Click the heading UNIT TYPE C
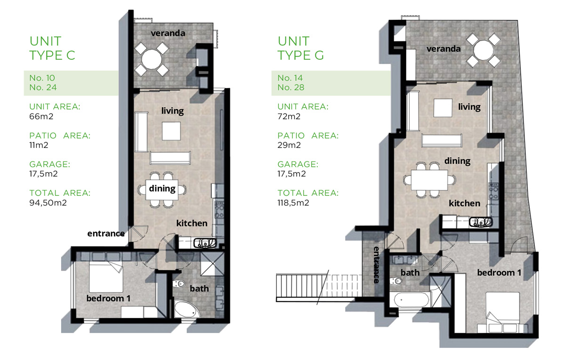tap(52, 48)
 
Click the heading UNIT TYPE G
tap(301, 48)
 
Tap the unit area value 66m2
tap(41, 117)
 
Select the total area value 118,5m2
tap(293, 203)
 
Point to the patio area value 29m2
tap(289, 145)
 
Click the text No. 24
tap(43, 88)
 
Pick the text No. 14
tap(290, 78)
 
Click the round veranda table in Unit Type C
tap(151, 59)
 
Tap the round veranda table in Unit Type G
tap(483, 50)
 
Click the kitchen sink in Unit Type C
tap(205, 243)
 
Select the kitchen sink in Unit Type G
tap(481, 222)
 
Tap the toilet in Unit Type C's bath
tap(179, 284)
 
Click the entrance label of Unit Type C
tap(106, 234)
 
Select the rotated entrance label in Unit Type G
tap(376, 264)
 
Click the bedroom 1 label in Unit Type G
tap(499, 272)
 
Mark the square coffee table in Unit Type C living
tap(171, 131)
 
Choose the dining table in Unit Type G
tap(429, 180)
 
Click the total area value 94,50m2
tap(48, 203)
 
